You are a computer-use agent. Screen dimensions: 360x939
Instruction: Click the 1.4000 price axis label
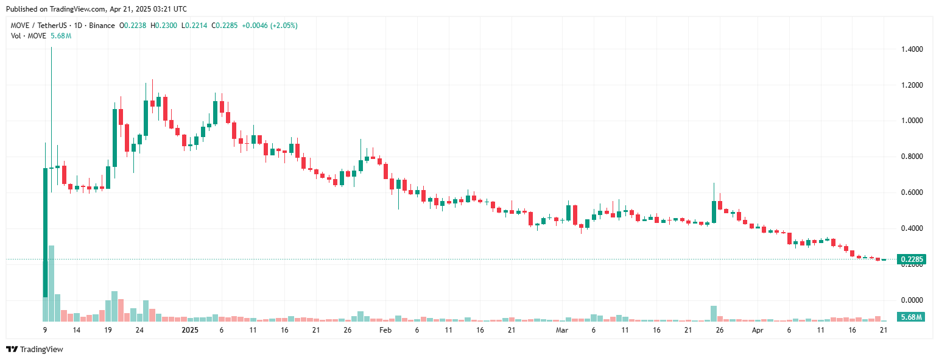911,49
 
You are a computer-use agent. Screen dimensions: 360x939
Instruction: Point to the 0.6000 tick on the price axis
911,192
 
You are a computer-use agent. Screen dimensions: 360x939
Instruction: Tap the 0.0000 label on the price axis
911,300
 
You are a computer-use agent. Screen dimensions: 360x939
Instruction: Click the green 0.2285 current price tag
911,259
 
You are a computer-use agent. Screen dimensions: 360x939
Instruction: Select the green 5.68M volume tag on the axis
911,317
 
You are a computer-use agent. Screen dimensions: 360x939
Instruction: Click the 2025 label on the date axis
190,330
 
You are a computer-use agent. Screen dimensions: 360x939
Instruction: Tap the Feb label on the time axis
385,330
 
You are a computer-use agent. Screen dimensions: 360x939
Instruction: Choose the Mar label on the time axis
562,330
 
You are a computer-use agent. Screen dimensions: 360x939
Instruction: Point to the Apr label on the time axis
758,330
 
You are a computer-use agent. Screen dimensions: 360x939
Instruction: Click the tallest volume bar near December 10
52,283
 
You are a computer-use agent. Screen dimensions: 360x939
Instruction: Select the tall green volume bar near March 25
714,313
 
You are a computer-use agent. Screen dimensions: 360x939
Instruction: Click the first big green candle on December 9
45,231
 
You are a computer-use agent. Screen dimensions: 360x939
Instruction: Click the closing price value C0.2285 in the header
224,26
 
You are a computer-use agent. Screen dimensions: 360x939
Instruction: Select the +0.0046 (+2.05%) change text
270,26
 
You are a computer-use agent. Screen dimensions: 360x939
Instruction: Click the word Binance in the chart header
102,26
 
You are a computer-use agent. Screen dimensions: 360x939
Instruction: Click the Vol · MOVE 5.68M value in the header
60,36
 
